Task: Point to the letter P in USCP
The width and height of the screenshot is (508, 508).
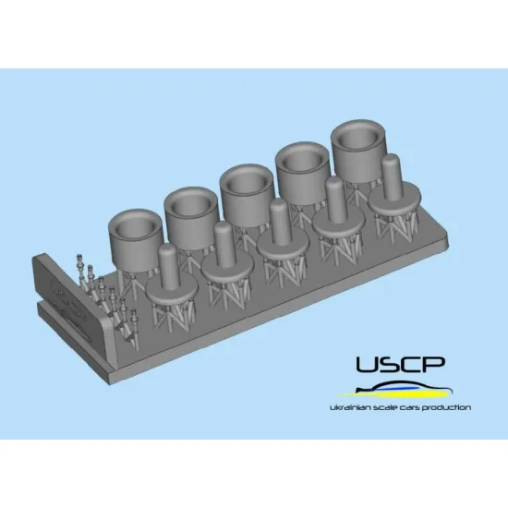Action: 433,364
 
